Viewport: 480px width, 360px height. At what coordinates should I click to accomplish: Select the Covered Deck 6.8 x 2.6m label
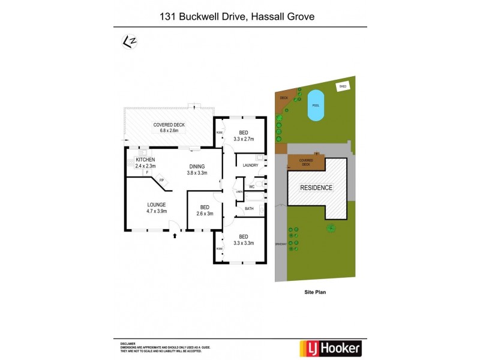pos(169,127)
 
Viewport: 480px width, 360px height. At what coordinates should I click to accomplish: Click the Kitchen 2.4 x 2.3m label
pos(145,163)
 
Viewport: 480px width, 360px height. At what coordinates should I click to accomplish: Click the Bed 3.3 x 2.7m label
pos(243,136)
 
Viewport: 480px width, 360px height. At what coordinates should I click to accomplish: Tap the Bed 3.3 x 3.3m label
pos(243,240)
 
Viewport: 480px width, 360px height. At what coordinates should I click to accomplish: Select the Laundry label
pos(250,165)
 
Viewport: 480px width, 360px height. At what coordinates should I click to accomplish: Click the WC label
pos(252,187)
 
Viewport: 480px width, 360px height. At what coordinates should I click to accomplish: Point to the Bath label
pos(249,209)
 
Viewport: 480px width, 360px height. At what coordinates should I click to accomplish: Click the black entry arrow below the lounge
pos(175,236)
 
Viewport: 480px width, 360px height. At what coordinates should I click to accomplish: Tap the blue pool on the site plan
pos(315,105)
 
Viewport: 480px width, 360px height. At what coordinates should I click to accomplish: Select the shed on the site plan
pos(343,86)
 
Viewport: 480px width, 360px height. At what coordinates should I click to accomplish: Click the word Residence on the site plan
pos(317,187)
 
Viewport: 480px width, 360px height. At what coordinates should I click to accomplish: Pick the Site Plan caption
pos(315,292)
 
